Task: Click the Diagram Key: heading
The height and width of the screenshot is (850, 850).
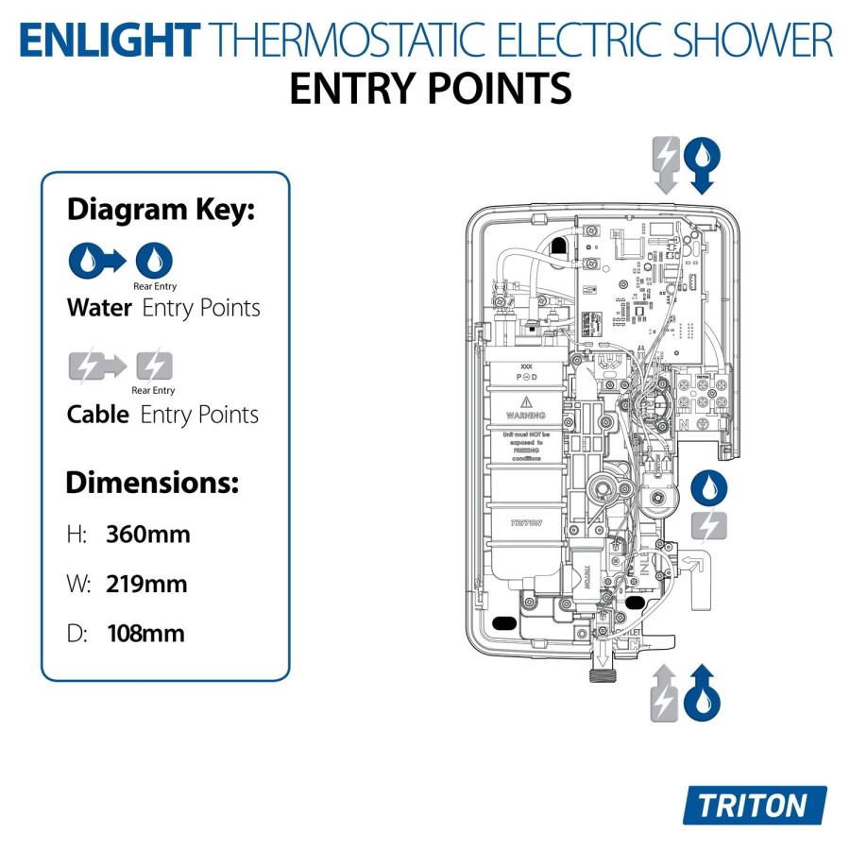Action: point(161,210)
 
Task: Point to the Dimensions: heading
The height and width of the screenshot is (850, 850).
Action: point(151,484)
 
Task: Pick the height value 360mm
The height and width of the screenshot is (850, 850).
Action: point(148,535)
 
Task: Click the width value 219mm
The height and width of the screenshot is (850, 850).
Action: point(146,584)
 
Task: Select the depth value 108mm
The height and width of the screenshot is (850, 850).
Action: point(145,633)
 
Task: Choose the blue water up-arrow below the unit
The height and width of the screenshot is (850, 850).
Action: point(702,692)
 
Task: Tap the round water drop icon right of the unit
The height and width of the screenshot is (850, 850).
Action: point(708,488)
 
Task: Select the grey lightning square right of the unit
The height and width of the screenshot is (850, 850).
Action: point(708,526)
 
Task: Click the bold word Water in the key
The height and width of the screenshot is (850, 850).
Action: point(99,308)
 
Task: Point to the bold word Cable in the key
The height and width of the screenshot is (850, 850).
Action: point(98,414)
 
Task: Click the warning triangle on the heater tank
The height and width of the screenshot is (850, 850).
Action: point(525,401)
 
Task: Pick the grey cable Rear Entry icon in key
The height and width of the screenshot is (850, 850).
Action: point(154,365)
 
